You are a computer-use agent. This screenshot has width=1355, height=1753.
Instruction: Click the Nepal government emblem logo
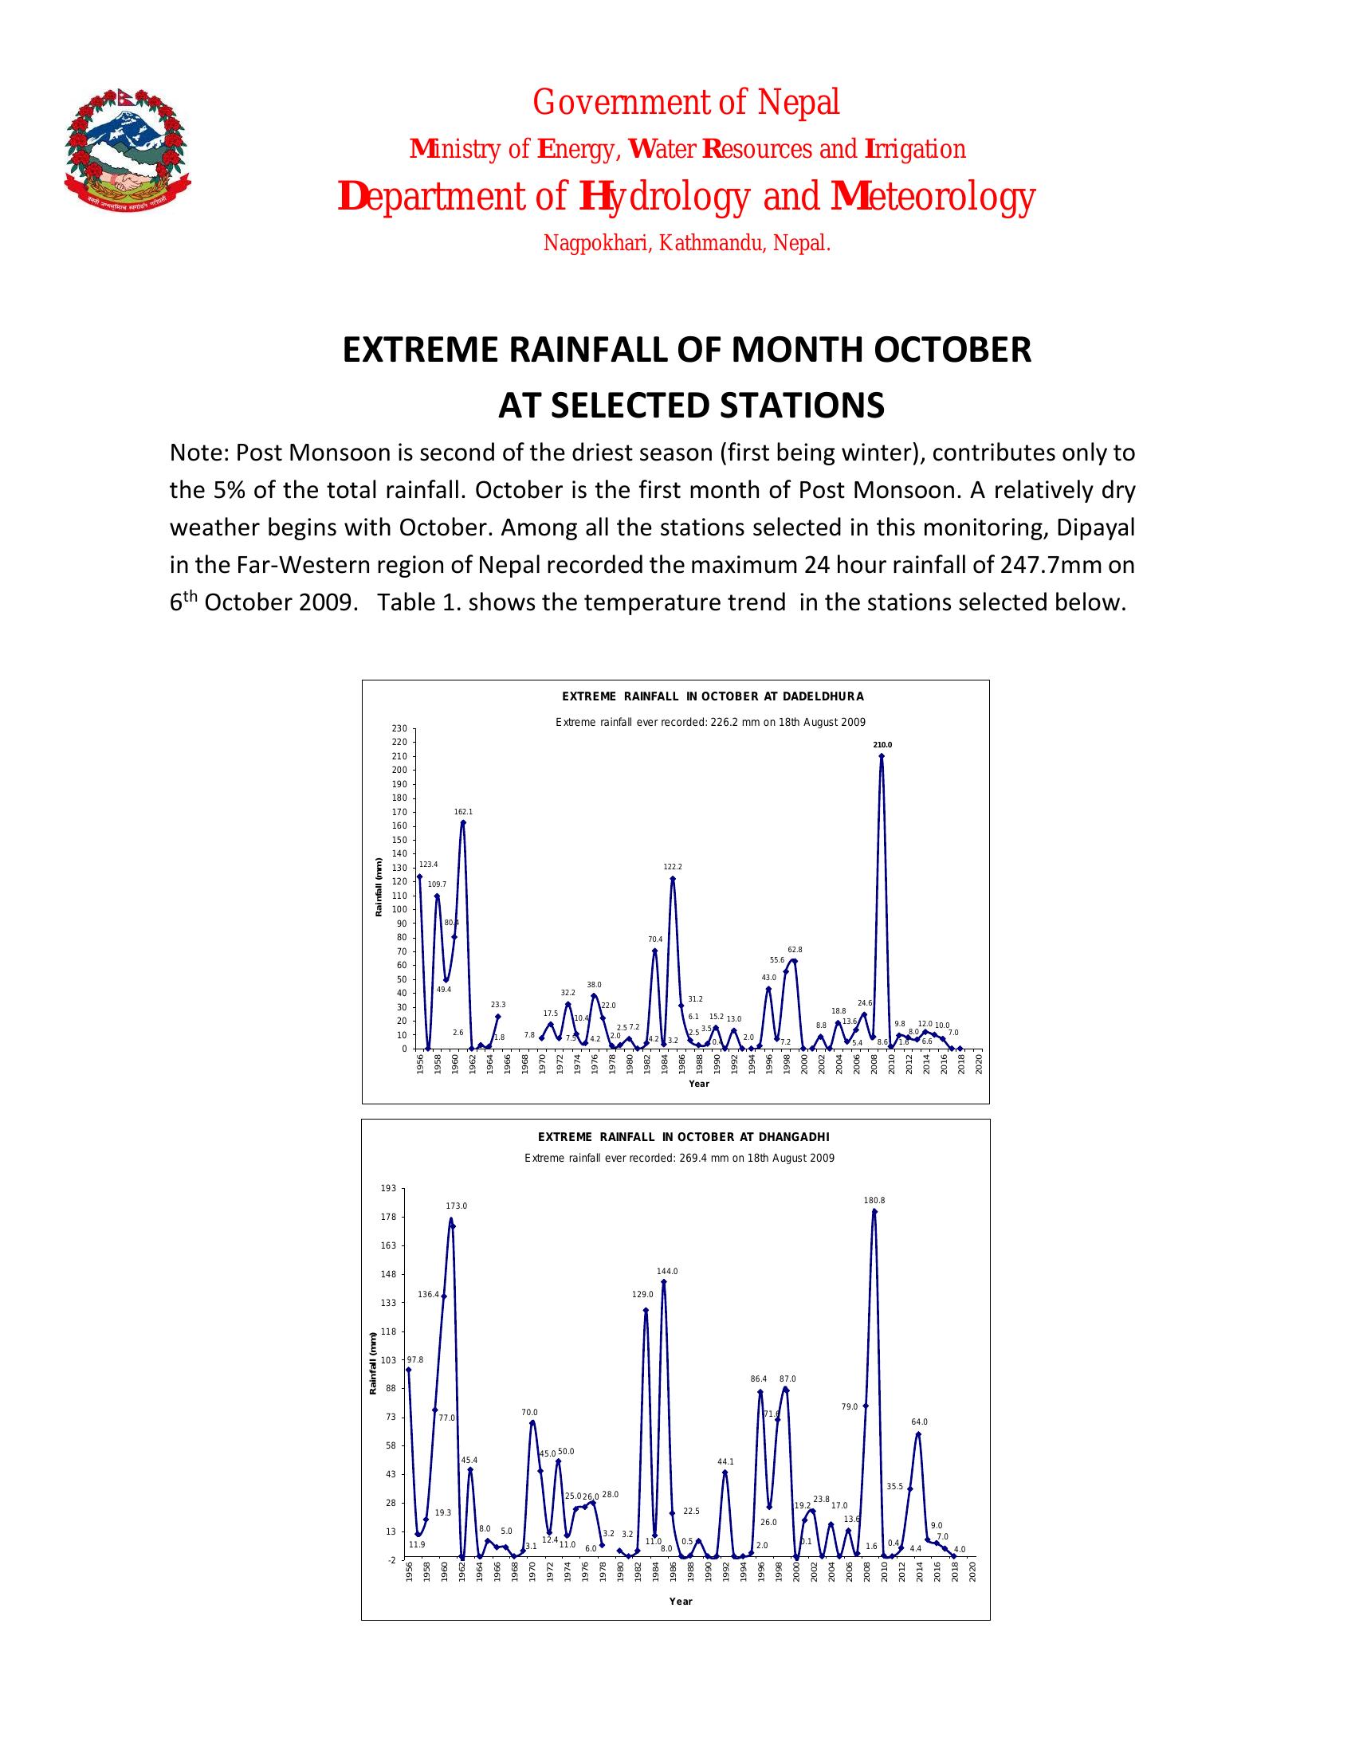tap(128, 150)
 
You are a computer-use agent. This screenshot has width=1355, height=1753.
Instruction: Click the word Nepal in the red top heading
tap(799, 102)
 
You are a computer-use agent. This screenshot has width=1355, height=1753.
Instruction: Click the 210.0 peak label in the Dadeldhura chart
tap(882, 745)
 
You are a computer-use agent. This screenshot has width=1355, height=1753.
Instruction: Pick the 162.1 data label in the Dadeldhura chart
tap(463, 812)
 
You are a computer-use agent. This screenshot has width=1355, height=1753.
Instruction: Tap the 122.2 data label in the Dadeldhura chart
tap(673, 867)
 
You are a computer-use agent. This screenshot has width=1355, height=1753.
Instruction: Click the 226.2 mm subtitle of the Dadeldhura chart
tap(710, 723)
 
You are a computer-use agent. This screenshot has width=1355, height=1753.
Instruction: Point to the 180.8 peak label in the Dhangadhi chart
tap(874, 1200)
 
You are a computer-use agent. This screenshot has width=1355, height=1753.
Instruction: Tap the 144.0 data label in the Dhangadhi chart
tap(667, 1272)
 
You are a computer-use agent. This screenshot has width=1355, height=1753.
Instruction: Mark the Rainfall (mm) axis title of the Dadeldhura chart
tap(377, 888)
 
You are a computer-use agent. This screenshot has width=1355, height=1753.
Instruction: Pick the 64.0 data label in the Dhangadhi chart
tap(919, 1422)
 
